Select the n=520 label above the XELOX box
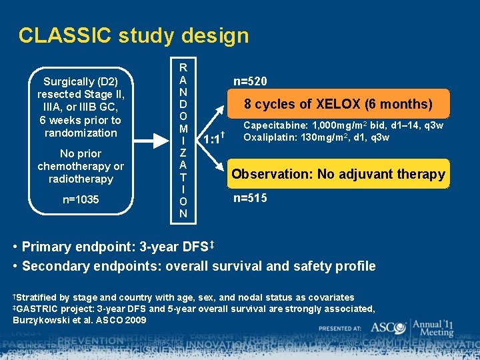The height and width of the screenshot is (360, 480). pos(250,81)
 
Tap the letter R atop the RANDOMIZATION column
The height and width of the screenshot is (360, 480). pos(183,67)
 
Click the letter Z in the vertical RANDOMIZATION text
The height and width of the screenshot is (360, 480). pos(183,152)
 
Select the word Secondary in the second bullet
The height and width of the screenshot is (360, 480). pos(52,266)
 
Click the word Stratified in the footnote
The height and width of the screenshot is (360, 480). pos(37,297)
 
